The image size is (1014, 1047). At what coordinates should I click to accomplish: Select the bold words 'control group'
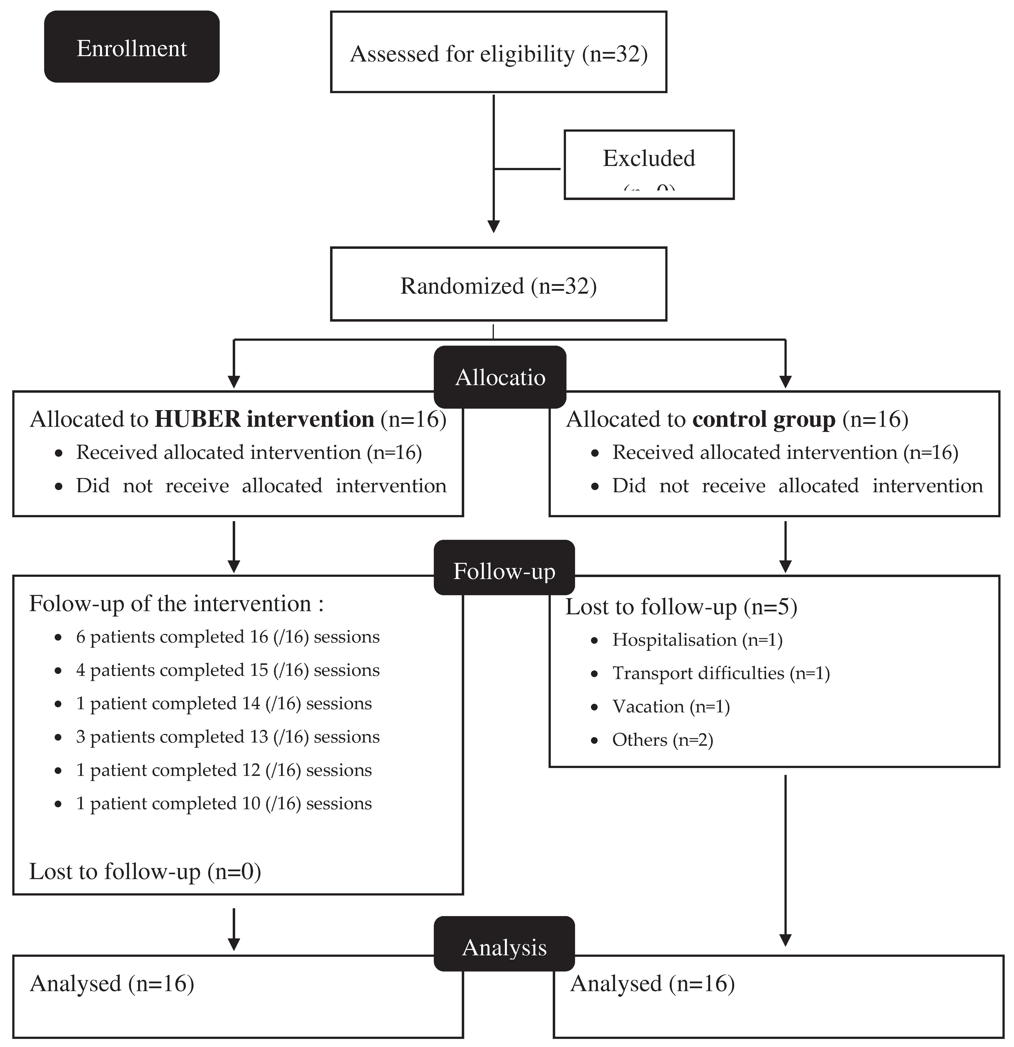(x=763, y=419)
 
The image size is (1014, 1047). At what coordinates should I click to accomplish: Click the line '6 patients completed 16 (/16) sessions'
(x=228, y=637)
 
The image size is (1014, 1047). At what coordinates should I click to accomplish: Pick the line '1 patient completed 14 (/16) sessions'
(x=224, y=704)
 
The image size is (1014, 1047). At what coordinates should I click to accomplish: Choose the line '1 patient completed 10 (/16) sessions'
(x=224, y=803)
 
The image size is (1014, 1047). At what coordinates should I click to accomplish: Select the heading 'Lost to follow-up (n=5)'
(x=681, y=607)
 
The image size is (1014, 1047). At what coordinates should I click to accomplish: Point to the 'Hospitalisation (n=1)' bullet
(x=697, y=640)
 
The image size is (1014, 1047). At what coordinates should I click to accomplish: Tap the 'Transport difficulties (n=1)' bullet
(x=721, y=673)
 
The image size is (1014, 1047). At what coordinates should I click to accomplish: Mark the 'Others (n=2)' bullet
(x=662, y=740)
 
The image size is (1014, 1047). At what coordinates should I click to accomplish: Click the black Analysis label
(x=504, y=947)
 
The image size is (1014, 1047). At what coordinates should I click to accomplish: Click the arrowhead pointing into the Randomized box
(x=494, y=227)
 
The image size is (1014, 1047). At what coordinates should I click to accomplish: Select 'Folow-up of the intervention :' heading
(x=176, y=604)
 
